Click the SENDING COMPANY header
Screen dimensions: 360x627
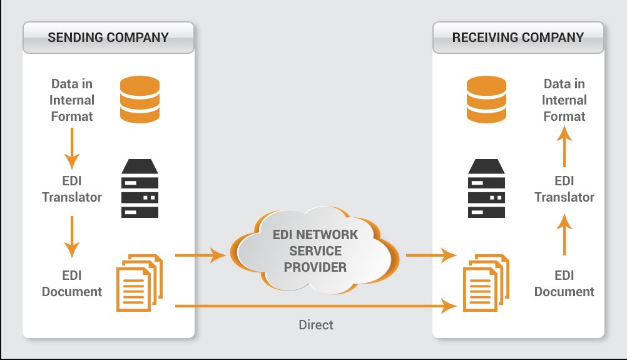coord(108,37)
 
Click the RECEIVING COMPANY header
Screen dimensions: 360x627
coord(518,37)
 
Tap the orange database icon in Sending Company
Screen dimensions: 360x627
coord(139,100)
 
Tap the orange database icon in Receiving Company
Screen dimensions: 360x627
coord(487,100)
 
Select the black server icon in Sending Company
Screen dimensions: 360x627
coord(139,188)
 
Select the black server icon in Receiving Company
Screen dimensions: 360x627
coord(487,188)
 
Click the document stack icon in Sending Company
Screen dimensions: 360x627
coord(139,282)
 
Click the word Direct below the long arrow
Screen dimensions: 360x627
coord(315,325)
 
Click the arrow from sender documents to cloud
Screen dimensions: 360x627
coord(200,255)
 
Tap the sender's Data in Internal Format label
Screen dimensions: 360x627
coord(72,100)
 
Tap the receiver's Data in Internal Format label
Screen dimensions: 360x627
coord(564,100)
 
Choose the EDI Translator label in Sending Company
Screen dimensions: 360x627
coord(72,189)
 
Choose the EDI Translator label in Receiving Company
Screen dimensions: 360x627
coord(564,189)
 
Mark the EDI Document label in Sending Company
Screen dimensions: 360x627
coord(72,284)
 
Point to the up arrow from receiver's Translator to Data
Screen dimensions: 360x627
coord(564,145)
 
